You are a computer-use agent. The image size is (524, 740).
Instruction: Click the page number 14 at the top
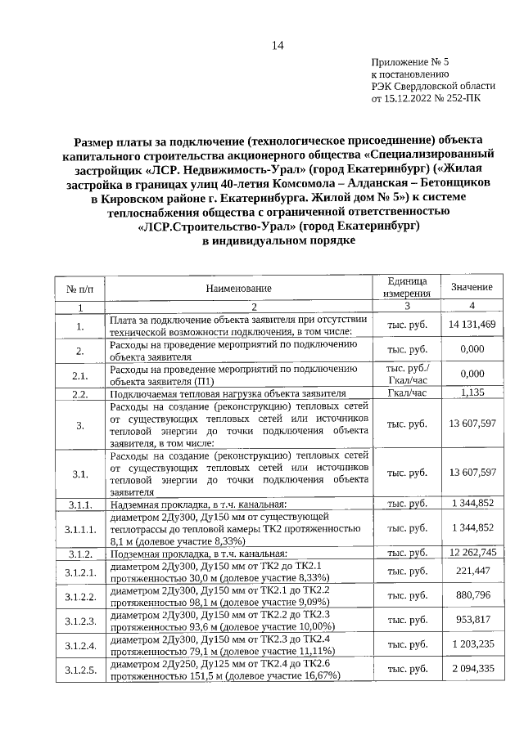point(278,46)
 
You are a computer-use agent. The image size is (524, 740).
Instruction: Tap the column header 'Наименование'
point(238,288)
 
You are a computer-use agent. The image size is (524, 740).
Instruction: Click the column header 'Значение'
point(472,288)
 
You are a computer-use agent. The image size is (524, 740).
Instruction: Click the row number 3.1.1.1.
point(80,528)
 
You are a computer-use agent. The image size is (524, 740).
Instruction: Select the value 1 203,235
point(472,645)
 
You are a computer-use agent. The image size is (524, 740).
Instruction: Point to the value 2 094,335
point(472,670)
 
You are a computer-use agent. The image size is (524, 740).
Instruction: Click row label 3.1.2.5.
point(80,671)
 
